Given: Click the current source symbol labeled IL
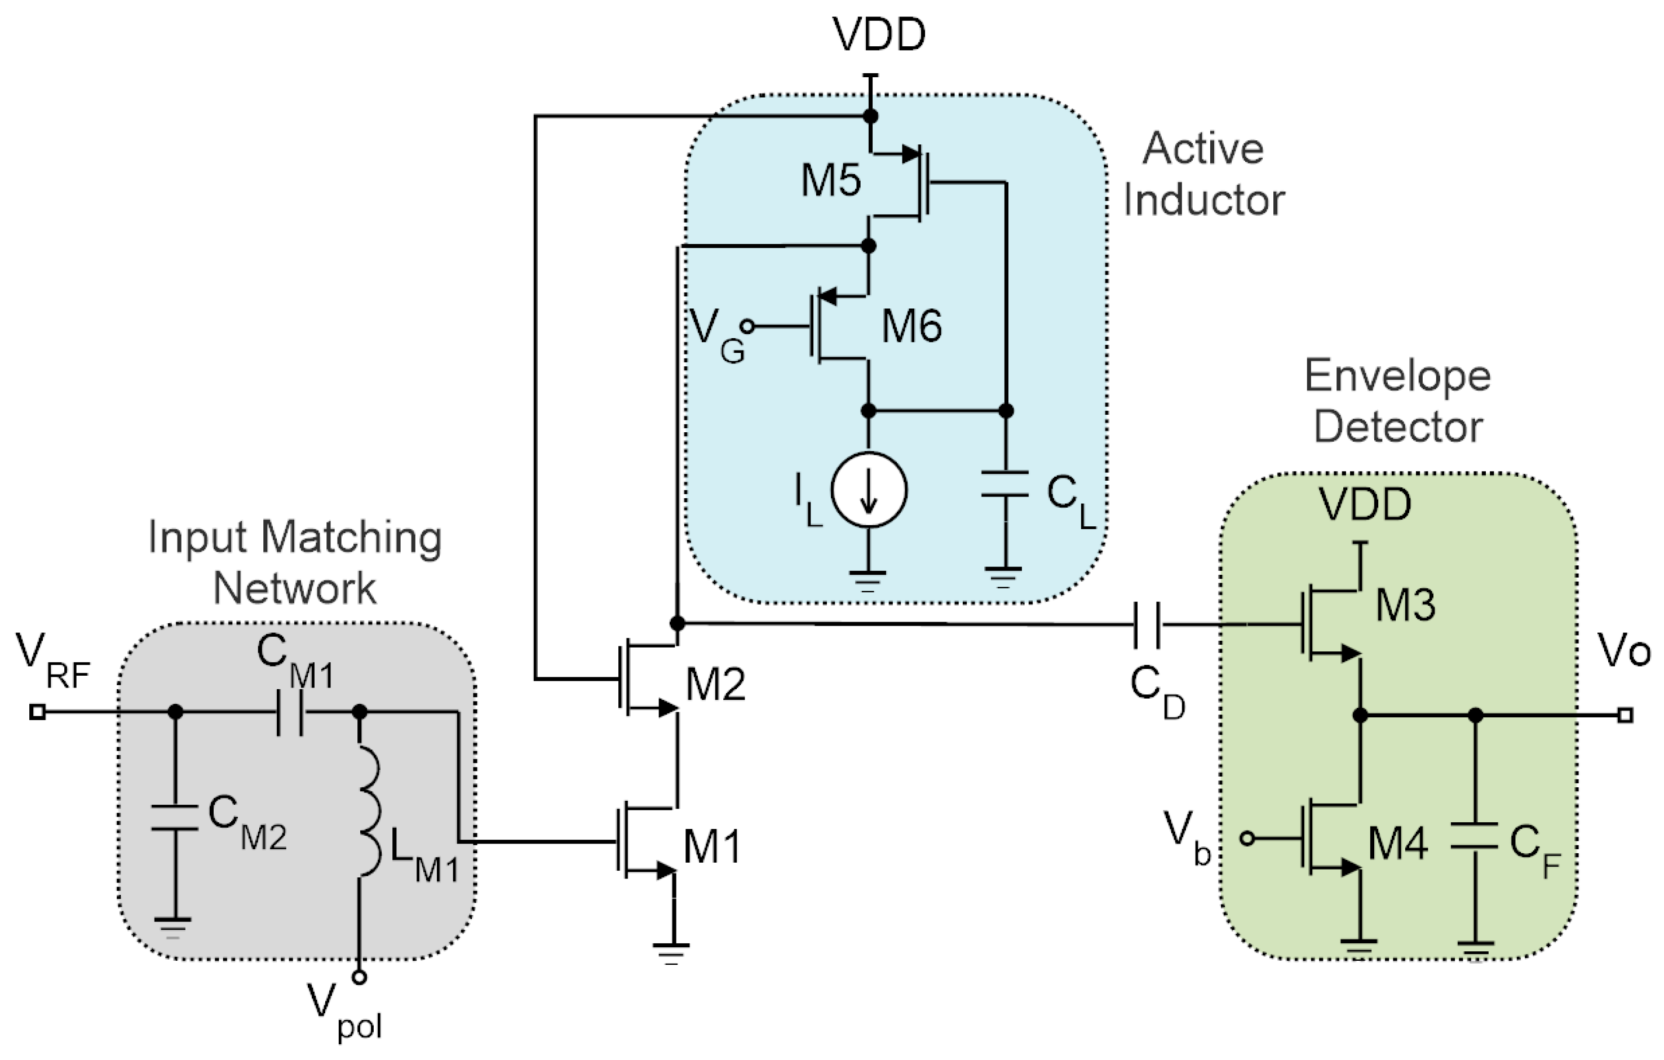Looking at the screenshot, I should (x=869, y=489).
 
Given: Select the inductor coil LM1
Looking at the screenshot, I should (x=369, y=811).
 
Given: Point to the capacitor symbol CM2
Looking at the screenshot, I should (x=175, y=817).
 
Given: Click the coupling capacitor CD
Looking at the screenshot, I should (x=1147, y=624).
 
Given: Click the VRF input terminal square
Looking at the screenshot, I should (x=37, y=712).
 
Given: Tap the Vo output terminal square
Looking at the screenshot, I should (x=1625, y=715).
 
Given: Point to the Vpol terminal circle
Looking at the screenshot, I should (x=359, y=977).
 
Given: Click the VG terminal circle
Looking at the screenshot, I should (x=746, y=326).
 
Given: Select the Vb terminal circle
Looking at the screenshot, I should (x=1247, y=838).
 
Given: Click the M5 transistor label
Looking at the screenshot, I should (x=831, y=180).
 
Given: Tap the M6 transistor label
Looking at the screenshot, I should (x=911, y=326).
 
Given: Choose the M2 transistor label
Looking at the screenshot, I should (x=715, y=685).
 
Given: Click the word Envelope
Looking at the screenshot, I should (x=1397, y=376).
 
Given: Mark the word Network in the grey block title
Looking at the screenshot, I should (x=294, y=588).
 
